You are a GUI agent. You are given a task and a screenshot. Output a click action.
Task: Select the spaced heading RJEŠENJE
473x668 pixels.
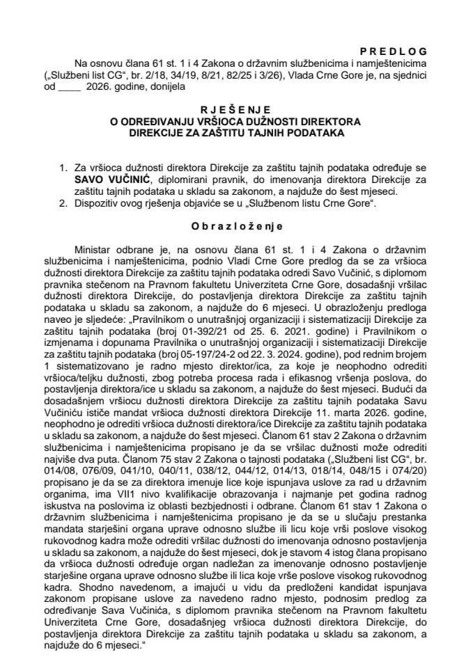(235, 109)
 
